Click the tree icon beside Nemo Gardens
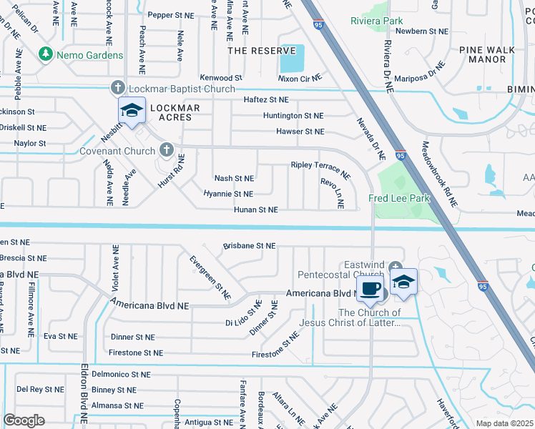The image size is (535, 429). click(x=46, y=54)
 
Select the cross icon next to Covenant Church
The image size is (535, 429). click(x=166, y=150)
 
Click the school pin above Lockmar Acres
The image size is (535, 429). click(x=132, y=111)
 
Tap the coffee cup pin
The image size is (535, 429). click(x=369, y=288)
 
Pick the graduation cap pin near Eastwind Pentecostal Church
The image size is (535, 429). click(x=403, y=282)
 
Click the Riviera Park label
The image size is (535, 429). click(x=377, y=21)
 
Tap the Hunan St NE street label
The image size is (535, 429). click(x=255, y=210)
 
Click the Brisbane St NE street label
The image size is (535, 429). click(x=249, y=245)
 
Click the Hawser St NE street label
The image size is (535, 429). click(x=300, y=132)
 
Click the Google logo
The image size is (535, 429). click(x=24, y=420)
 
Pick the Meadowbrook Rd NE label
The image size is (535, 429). click(x=438, y=174)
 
